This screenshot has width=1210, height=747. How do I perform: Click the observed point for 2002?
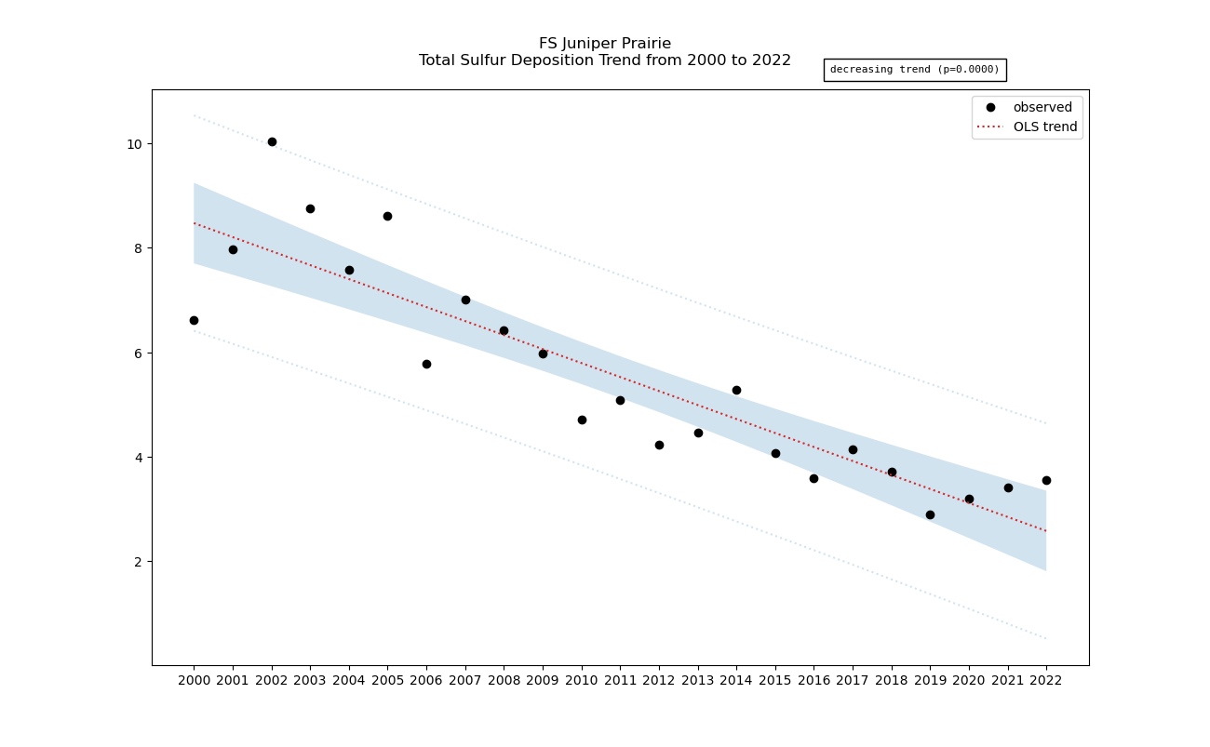[272, 141]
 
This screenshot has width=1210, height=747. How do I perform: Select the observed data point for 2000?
[194, 320]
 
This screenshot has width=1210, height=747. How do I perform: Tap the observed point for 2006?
[426, 364]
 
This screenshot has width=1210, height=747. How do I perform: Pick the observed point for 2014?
[736, 390]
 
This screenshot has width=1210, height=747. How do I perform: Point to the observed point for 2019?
[930, 514]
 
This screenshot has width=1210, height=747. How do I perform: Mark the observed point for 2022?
[1046, 480]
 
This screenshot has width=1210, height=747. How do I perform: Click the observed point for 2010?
[582, 420]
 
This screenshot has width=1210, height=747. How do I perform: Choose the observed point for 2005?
[387, 216]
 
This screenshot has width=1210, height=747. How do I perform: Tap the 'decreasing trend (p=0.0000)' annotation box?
[914, 70]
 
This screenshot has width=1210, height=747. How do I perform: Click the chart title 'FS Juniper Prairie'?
[605, 44]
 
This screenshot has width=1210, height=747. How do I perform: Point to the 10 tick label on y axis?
[134, 144]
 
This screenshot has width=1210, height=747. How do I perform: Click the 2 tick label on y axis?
[138, 562]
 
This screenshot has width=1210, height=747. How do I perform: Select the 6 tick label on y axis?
[138, 353]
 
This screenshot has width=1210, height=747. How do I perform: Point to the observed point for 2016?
[813, 478]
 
